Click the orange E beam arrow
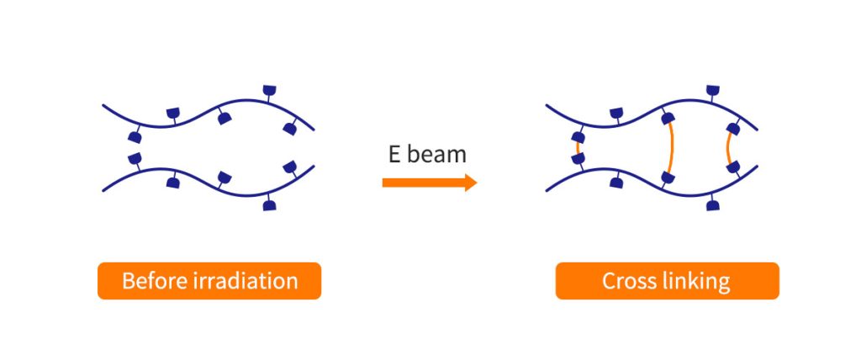[430, 183]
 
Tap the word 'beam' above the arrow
[438, 155]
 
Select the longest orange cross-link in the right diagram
[670, 148]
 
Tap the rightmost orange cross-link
[730, 148]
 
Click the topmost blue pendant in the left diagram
[269, 90]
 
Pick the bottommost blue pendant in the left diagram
[269, 205]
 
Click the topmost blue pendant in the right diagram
[713, 90]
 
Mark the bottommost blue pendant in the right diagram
[713, 205]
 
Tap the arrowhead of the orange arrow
[471, 183]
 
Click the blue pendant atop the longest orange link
[668, 118]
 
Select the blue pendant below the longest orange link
[668, 177]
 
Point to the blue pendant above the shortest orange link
[577, 137]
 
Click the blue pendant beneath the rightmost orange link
[733, 167]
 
